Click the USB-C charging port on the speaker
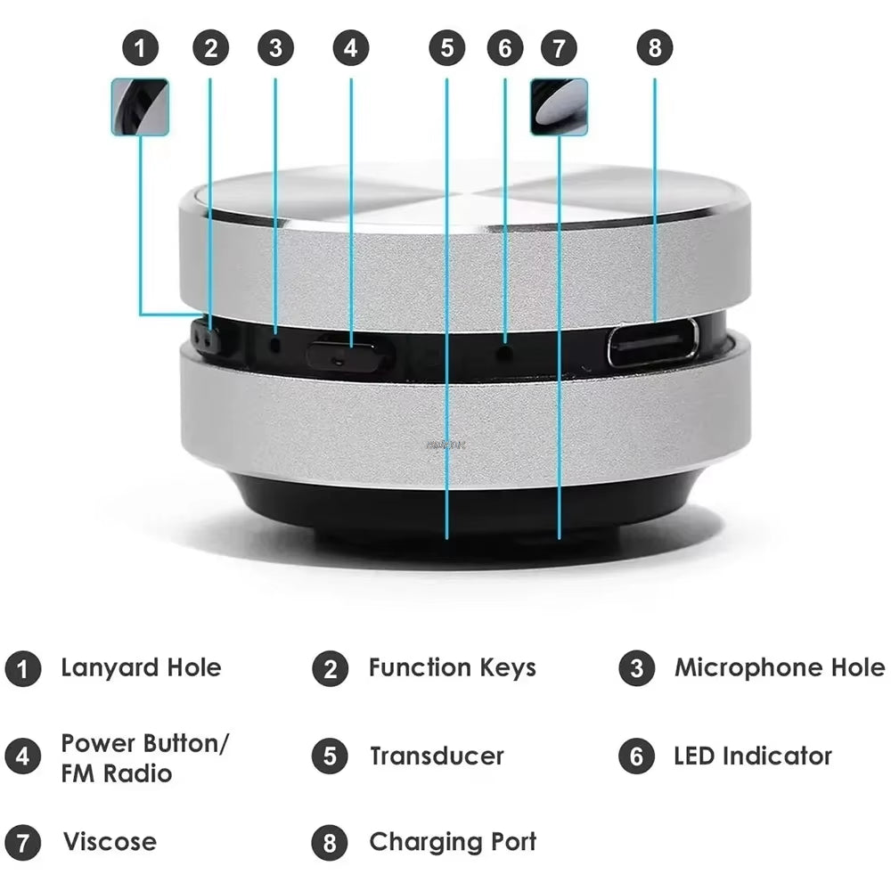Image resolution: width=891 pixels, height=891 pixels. pyautogui.click(x=653, y=344)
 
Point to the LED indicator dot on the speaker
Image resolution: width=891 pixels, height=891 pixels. pyautogui.click(x=505, y=353)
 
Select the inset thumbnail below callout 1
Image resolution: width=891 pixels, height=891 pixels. pyautogui.click(x=140, y=107)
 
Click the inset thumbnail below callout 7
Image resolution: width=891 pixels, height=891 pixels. pyautogui.click(x=559, y=107)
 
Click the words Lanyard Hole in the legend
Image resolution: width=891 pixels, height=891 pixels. pyautogui.click(x=141, y=667)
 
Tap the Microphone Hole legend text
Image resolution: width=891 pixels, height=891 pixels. pyautogui.click(x=780, y=667)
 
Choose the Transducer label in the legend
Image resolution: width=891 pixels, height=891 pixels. pyautogui.click(x=437, y=756)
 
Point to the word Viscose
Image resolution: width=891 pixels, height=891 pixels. pyautogui.click(x=110, y=841)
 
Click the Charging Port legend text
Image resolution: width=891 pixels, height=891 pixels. pyautogui.click(x=453, y=841)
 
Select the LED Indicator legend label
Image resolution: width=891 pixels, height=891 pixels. pyautogui.click(x=752, y=756)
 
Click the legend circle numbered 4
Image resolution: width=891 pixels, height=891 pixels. pyautogui.click(x=22, y=756)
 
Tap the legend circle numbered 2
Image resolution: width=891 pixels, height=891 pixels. pyautogui.click(x=330, y=668)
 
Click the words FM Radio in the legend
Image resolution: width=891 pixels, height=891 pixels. pyautogui.click(x=116, y=772)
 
